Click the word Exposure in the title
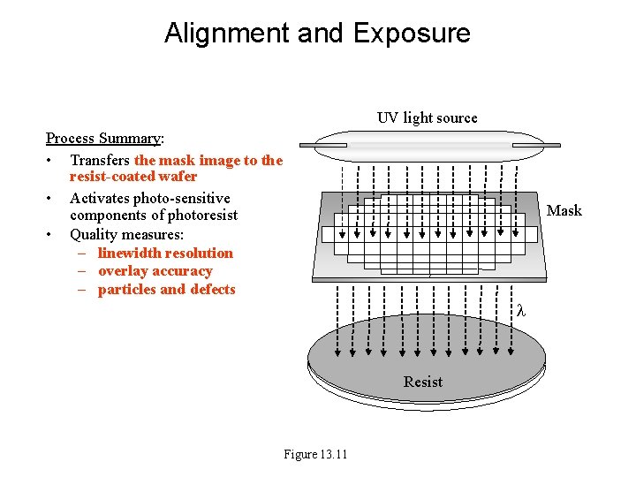(412, 34)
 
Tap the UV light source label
(427, 117)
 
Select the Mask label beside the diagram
(564, 210)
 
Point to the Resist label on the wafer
(423, 382)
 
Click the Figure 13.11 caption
(315, 454)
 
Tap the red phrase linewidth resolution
(165, 253)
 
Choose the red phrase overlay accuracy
(155, 271)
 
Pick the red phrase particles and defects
(167, 290)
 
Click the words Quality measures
(126, 234)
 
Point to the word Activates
(99, 198)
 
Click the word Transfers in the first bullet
(100, 160)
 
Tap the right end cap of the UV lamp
(537, 145)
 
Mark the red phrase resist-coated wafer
(133, 177)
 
